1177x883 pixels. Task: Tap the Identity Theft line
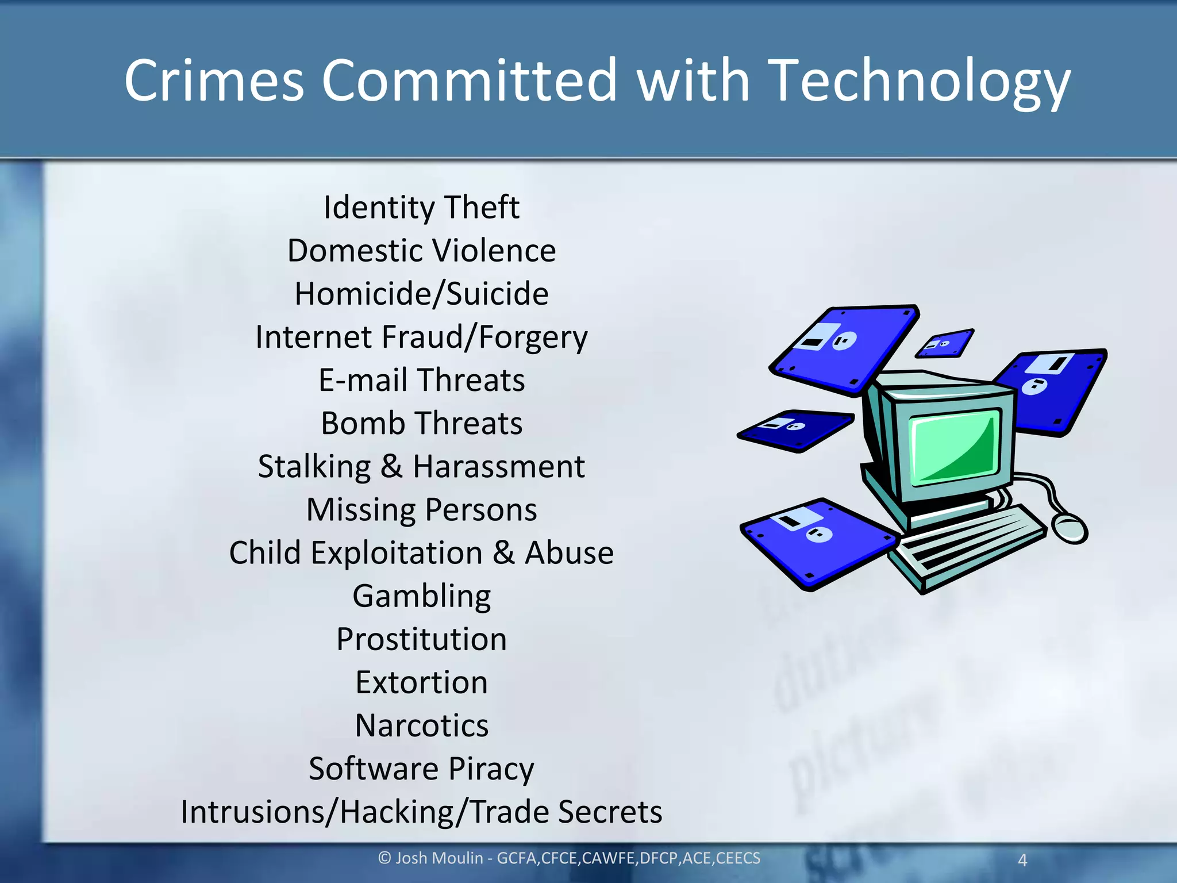(x=421, y=207)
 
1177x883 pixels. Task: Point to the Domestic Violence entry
(x=421, y=251)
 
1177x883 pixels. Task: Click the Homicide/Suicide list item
(x=421, y=294)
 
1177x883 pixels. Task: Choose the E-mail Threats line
(x=421, y=380)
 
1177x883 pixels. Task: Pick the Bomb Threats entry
(x=421, y=423)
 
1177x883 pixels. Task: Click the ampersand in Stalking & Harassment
(x=391, y=466)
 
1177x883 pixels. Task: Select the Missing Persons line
(x=421, y=509)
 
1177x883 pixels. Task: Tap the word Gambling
(x=421, y=596)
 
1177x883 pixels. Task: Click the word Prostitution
(x=421, y=639)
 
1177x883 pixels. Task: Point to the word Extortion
(x=421, y=682)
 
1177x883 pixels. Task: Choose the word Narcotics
(x=421, y=725)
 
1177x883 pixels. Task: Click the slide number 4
(x=1022, y=860)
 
